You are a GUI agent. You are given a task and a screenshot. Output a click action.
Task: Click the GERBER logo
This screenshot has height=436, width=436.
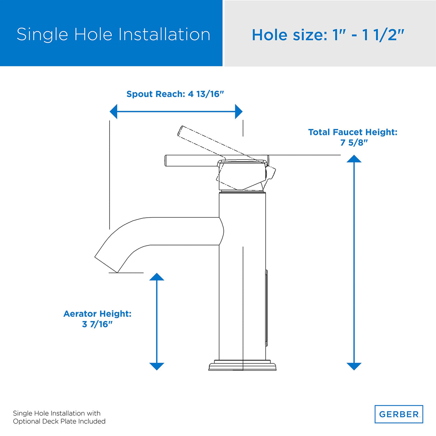tap(399, 414)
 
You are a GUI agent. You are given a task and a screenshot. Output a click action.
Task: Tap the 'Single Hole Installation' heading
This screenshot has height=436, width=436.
tap(113, 34)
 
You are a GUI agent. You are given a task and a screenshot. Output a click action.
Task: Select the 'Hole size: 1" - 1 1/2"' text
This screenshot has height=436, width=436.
tap(328, 35)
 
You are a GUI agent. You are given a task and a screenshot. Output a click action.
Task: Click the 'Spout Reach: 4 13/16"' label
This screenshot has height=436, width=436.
tap(175, 94)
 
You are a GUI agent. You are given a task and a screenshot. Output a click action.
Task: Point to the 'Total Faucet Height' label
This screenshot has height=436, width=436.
tap(353, 132)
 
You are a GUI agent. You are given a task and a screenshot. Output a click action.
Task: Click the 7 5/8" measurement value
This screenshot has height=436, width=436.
tap(354, 143)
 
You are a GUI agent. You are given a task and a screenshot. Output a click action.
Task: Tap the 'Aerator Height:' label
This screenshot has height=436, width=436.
tap(97, 314)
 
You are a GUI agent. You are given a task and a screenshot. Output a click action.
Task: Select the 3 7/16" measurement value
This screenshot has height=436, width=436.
tap(97, 324)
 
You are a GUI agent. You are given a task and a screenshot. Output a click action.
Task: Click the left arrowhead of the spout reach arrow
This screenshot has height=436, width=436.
tap(114, 112)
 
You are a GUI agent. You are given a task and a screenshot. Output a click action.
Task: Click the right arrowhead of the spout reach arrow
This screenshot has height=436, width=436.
tap(238, 112)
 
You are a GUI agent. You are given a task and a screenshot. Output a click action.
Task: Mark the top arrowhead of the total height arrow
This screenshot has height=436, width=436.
tap(354, 159)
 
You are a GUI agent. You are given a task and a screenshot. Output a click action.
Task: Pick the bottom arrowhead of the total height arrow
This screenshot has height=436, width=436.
tap(354, 366)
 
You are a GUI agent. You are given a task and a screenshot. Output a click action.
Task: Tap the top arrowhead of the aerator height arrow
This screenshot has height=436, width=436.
tap(157, 277)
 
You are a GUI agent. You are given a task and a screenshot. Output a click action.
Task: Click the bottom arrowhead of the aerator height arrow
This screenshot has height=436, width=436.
tap(157, 366)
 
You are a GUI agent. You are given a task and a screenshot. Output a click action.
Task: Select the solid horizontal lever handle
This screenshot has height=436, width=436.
tap(190, 161)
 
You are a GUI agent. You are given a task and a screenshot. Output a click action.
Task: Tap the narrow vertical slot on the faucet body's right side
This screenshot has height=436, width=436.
tap(266, 309)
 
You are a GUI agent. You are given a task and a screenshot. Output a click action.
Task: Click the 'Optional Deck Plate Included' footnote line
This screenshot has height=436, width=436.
tap(59, 421)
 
